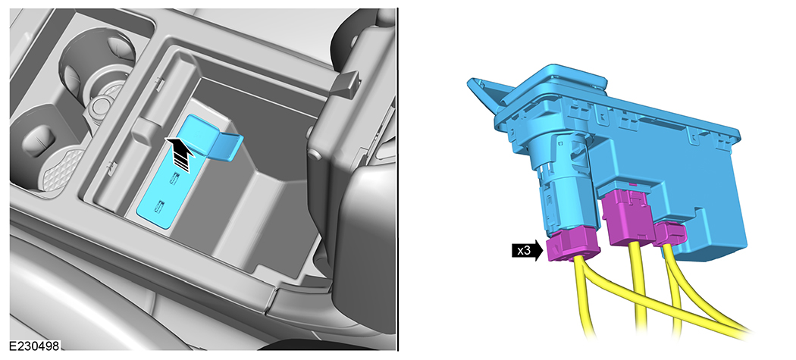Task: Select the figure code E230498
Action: click(x=33, y=344)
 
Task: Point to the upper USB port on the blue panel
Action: click(x=175, y=179)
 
